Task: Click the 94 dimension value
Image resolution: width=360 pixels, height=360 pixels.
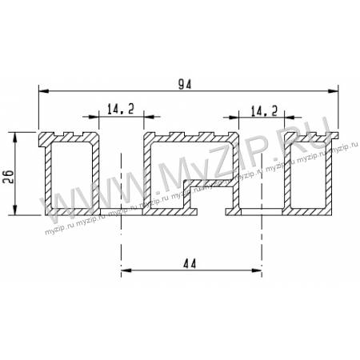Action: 185,85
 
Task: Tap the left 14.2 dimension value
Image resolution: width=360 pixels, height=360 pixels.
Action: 121,109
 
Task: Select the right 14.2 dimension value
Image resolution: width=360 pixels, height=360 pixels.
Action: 264,110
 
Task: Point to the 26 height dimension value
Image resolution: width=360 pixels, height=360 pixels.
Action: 9,176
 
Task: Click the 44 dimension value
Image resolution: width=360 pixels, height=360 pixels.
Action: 190,264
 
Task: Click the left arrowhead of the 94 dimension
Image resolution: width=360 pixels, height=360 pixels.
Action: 44,91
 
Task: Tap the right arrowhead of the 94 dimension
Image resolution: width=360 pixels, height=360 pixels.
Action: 333,91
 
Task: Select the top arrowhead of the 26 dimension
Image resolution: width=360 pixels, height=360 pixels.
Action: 15,138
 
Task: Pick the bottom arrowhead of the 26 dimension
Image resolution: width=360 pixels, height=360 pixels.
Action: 15,210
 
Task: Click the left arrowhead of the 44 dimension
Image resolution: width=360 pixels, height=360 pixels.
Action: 126,270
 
